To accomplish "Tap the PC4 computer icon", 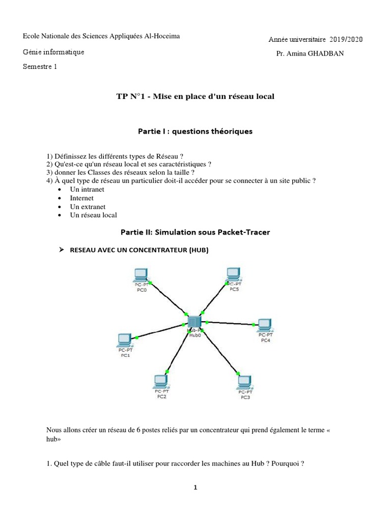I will (264, 325).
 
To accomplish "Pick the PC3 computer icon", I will (245, 382).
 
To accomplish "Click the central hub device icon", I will (194, 322).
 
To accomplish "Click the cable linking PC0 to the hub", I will (168, 298).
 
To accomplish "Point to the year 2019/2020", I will (346, 39).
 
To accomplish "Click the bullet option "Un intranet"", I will (87, 189).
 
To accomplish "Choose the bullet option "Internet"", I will (81, 198).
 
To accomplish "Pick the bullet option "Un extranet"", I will (88, 206).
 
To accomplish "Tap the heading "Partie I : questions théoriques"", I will (195, 132).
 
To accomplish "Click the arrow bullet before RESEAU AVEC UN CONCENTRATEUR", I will (61, 250).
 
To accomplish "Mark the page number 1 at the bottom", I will (195, 488).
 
